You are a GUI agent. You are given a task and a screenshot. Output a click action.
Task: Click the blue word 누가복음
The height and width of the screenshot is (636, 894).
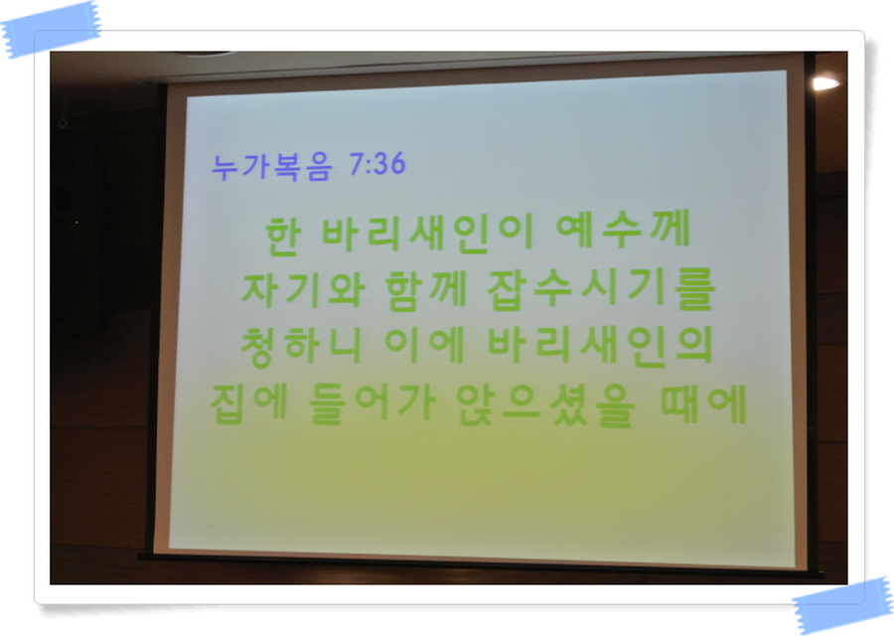(x=271, y=167)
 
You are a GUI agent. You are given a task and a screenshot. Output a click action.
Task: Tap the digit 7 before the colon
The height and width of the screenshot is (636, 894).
(x=357, y=164)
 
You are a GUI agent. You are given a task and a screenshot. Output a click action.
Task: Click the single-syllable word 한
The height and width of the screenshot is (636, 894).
(x=283, y=236)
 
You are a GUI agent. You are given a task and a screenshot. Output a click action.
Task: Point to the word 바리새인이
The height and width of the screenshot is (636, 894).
(x=428, y=233)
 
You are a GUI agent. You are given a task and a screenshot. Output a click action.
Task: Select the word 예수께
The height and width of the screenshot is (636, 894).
(x=623, y=229)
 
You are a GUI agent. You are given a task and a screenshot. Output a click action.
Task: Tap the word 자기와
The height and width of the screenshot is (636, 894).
(x=303, y=289)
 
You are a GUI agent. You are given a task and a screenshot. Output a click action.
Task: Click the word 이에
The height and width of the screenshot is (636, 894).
(x=425, y=345)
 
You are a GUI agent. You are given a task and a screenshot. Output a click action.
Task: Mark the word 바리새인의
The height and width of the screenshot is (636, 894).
(x=600, y=346)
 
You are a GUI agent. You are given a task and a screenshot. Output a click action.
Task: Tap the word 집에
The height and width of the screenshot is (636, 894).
(x=248, y=403)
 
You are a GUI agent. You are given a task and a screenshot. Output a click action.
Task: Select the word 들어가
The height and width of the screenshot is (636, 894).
(x=372, y=403)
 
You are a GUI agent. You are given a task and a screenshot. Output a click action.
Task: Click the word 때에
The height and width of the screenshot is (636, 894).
(x=703, y=403)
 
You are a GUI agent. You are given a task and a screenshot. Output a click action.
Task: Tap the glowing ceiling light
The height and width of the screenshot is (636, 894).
(x=825, y=83)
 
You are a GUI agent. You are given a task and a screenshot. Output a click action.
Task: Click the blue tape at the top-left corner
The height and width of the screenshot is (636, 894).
(x=52, y=30)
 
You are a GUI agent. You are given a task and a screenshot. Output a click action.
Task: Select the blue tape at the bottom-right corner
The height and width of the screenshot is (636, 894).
(x=842, y=606)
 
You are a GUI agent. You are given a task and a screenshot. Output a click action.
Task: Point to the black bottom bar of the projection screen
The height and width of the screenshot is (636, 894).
(x=481, y=564)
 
